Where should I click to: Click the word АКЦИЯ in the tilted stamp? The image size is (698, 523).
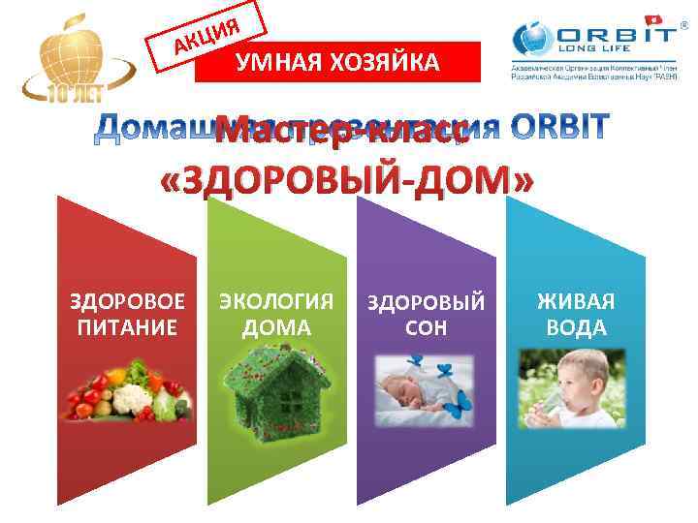point(206,31)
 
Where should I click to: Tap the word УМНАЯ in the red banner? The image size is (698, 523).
point(282,64)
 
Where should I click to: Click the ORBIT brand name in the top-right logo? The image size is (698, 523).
point(617,35)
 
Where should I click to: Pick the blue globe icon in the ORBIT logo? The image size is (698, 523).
point(536,44)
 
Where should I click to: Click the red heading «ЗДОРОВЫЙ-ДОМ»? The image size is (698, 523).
point(346,178)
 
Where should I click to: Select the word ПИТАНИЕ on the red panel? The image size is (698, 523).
point(127,326)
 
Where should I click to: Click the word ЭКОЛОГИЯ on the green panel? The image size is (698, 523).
point(277,301)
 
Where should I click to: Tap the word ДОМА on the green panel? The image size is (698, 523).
point(277,327)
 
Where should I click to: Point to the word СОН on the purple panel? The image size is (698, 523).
point(427,328)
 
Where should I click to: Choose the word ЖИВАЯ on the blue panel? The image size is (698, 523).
point(577,301)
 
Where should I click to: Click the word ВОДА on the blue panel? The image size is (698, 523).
point(577,327)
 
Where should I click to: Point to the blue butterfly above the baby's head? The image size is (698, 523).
point(417,360)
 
